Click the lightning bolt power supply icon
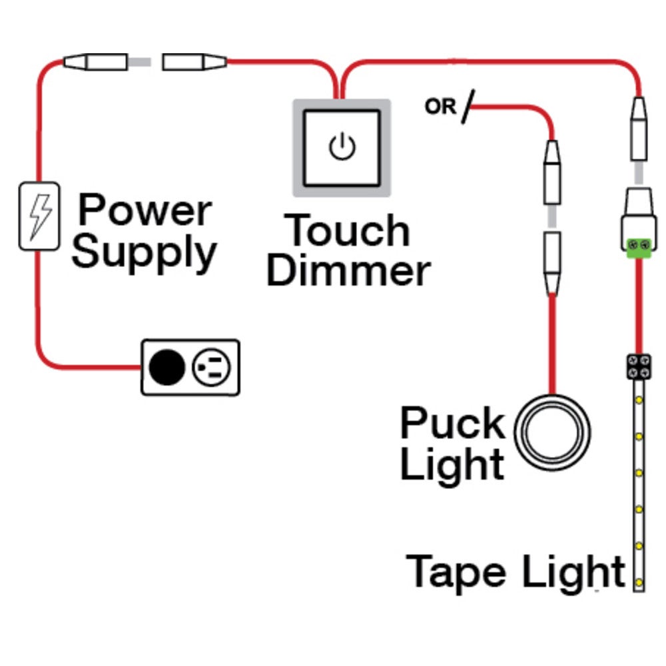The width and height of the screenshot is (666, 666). coord(39,216)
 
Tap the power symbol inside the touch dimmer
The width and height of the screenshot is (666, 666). coord(342,147)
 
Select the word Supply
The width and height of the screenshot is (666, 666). coord(145,253)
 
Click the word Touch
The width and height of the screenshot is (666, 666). coord(348,230)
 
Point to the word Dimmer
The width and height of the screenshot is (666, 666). coord(348,272)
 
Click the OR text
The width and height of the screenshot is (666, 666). coord(440,106)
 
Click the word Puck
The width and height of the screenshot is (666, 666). coord(452,424)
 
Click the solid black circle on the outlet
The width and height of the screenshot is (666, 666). coord(166,366)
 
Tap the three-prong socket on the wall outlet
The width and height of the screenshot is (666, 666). coord(212,366)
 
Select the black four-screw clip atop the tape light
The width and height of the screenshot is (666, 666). coord(638,366)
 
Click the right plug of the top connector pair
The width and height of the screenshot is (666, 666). coord(193,63)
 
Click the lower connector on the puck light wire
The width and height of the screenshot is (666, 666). coord(552,263)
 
